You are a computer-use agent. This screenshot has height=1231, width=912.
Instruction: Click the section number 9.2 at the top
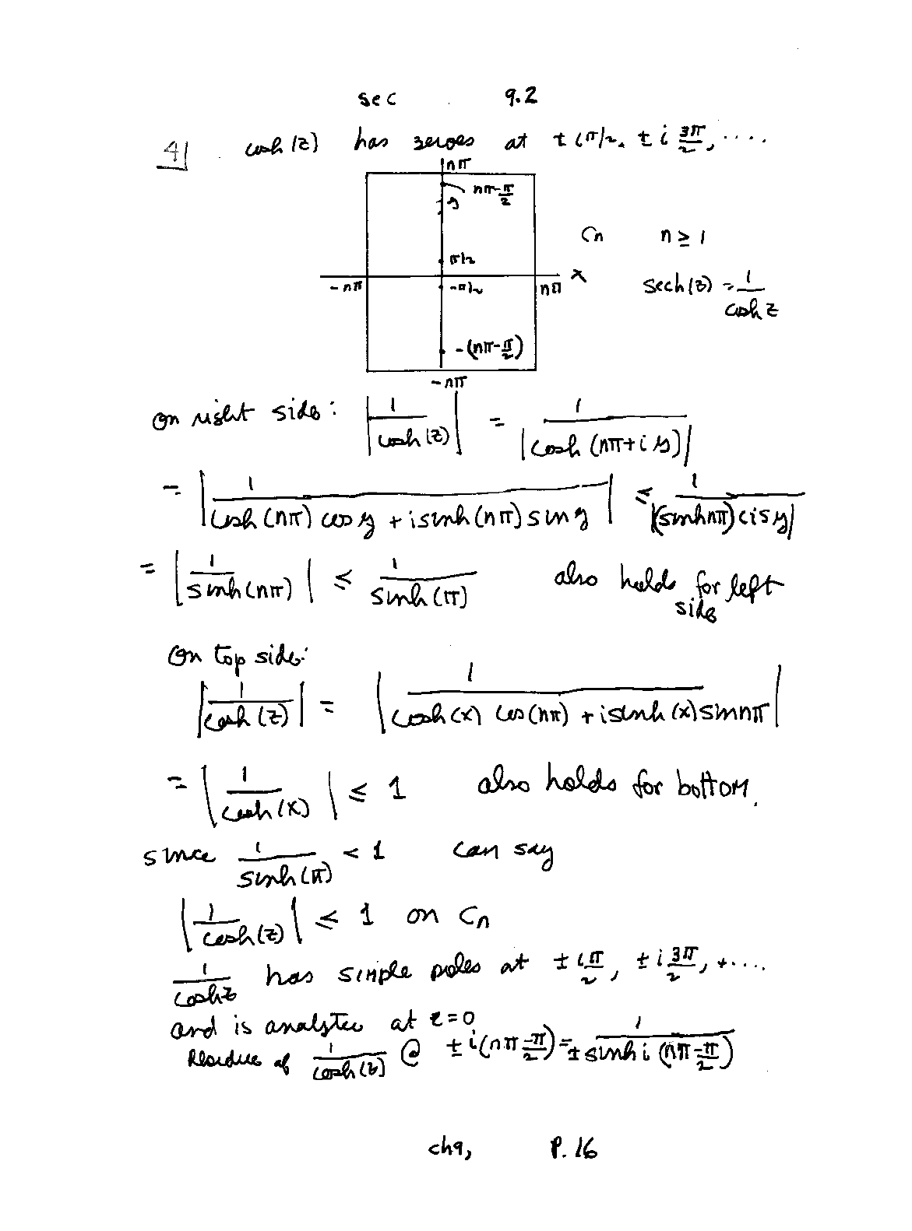point(520,96)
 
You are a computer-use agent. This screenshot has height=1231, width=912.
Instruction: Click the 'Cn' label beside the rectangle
point(592,235)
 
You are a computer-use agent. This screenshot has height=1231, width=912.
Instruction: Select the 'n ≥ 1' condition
point(683,235)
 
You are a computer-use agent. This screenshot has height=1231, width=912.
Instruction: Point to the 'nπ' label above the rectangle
point(458,164)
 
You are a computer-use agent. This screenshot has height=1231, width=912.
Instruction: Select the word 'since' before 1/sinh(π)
point(177,856)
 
